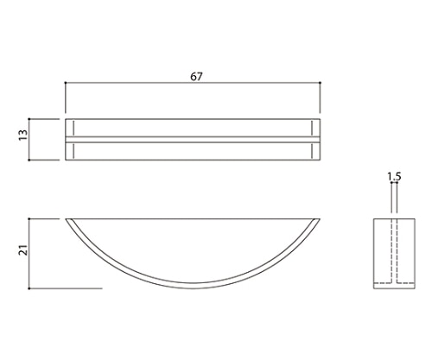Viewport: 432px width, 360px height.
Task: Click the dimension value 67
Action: [x=196, y=77]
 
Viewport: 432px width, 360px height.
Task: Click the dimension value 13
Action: [x=23, y=135]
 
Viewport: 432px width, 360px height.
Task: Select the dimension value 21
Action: [x=23, y=250]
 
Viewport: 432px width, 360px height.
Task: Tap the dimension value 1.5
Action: [x=394, y=176]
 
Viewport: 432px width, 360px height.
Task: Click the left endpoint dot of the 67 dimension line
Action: [x=66, y=83]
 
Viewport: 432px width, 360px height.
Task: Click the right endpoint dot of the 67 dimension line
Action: [x=321, y=83]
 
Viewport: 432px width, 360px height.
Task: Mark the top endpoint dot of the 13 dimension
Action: [x=29, y=119]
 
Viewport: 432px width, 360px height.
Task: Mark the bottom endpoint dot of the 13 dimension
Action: [x=29, y=160]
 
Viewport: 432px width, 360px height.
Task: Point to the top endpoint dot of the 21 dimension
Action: [x=29, y=219]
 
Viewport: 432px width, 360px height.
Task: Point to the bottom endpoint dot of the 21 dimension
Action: [x=29, y=288]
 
